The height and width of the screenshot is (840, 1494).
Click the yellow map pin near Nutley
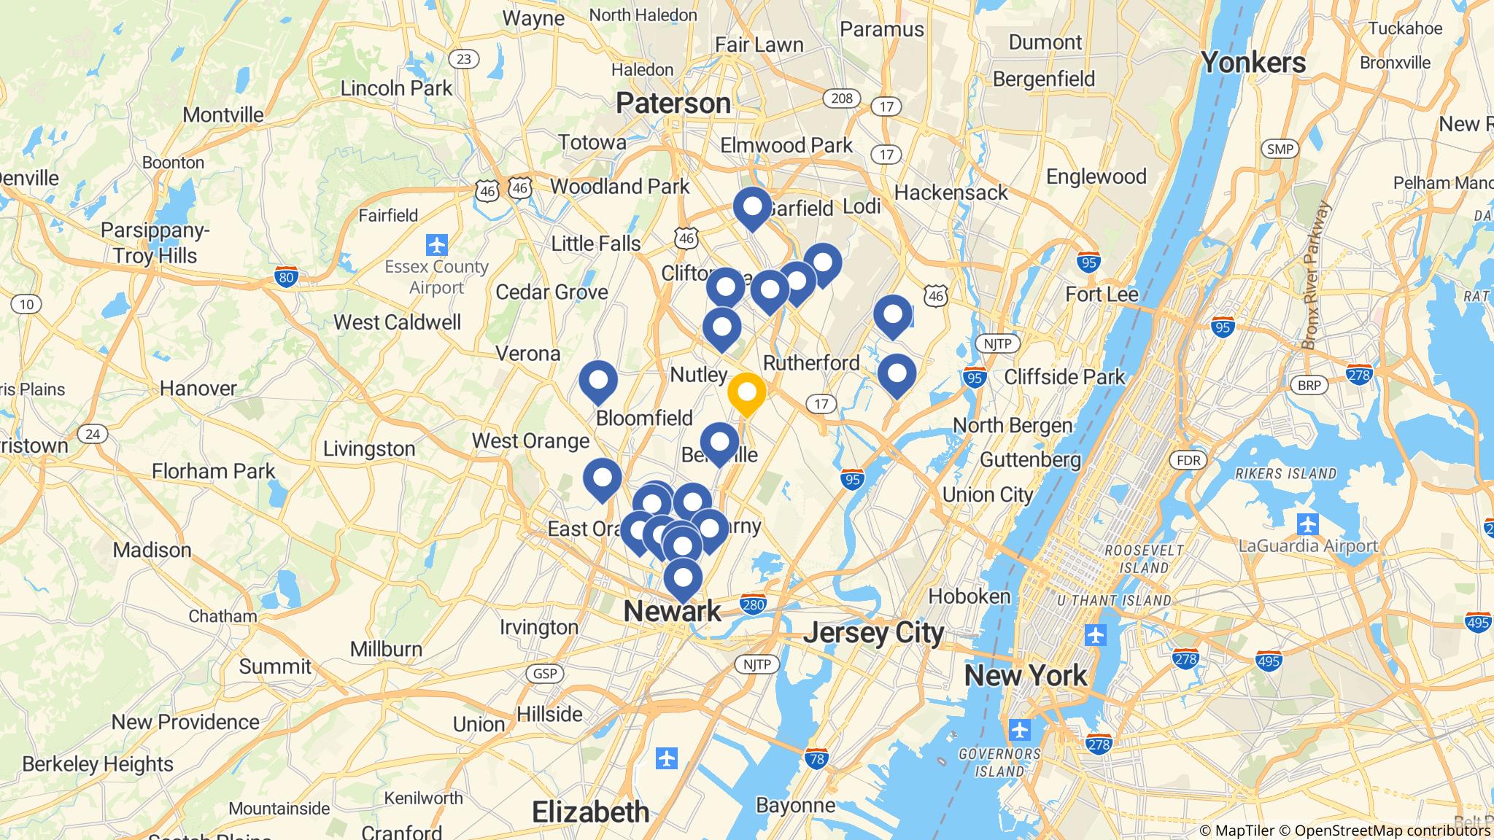pos(746,394)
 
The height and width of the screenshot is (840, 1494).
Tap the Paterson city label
pos(673,103)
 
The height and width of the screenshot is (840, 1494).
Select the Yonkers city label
pos(1253,63)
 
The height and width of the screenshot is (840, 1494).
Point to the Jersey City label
pos(873,633)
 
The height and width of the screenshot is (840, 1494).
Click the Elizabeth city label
pos(590,812)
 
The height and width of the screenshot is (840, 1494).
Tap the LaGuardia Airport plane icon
pos(1308,524)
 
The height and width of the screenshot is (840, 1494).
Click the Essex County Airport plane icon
pos(436,243)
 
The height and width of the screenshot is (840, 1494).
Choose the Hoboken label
pos(969,596)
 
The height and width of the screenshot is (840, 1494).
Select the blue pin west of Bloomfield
pos(598,381)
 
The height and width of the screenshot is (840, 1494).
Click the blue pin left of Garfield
pos(752,208)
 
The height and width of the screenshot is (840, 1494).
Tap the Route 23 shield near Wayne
pos(464,59)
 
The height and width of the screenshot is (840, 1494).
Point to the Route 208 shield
pos(841,98)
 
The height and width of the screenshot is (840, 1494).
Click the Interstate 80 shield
pos(286,277)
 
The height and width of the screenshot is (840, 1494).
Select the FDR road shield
pos(1188,460)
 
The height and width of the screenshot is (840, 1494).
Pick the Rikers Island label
pos(1285,473)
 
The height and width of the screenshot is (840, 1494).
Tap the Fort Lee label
pos(1102,295)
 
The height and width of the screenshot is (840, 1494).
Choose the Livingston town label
pos(368,448)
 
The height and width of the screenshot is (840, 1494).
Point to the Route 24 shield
pos(92,435)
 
